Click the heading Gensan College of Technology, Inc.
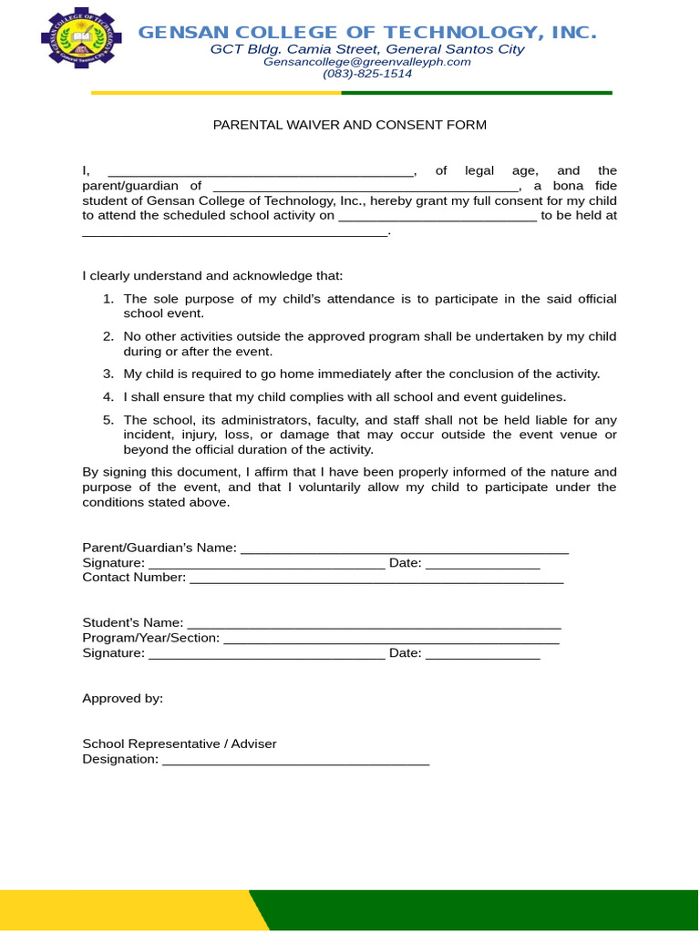coord(367,33)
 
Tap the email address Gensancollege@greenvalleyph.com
coord(367,62)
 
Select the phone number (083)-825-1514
coord(367,74)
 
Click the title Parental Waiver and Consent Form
coord(350,125)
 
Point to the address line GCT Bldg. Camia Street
coord(367,49)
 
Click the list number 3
coord(108,374)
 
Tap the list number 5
coord(108,420)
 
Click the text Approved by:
coord(123,699)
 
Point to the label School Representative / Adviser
coord(180,744)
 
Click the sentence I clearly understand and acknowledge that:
coord(213,276)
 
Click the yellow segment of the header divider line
coord(216,93)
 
